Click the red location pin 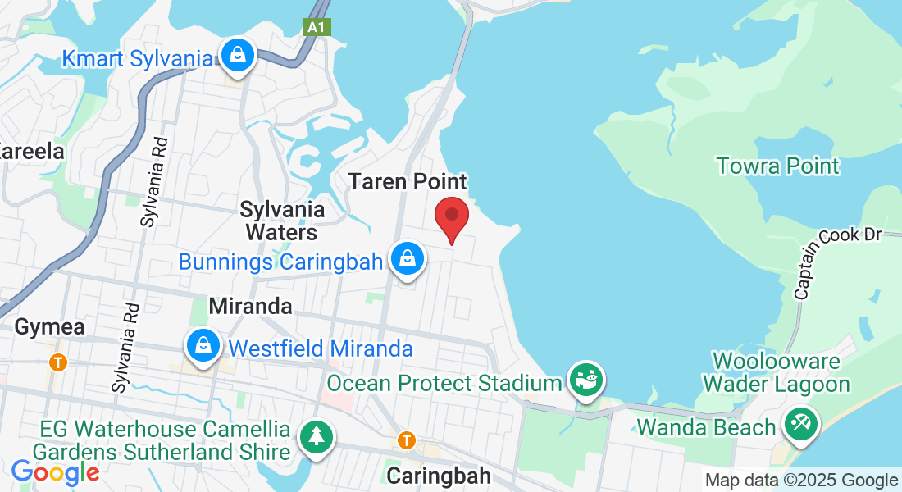point(451,216)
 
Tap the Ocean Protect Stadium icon point(587,380)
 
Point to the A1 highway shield point(316,27)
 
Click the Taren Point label point(408,181)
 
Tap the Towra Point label point(777,166)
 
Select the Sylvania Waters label point(282,221)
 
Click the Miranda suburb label point(250,307)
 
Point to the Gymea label point(49,327)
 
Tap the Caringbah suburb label point(439,476)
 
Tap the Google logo point(55,472)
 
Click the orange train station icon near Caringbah point(406,440)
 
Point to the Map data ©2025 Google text point(802,481)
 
